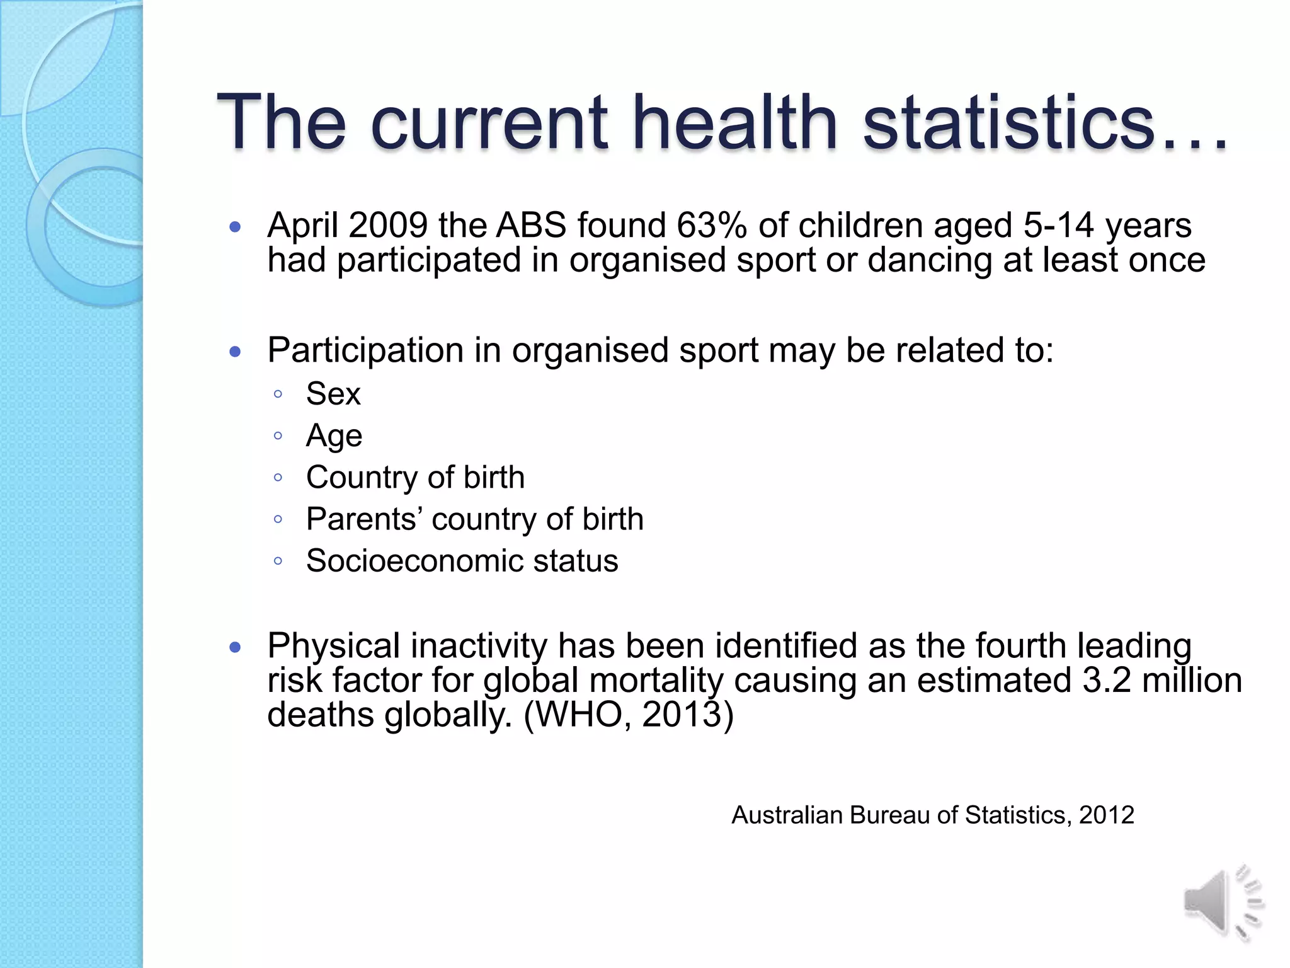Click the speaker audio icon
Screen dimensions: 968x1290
point(1222,903)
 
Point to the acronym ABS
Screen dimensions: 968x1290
point(531,225)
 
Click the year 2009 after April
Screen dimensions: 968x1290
point(388,225)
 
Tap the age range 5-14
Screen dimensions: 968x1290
point(1058,225)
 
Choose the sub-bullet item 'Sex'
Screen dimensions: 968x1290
point(333,395)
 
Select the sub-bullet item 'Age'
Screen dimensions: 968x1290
point(334,436)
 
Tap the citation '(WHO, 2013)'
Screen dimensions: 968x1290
point(629,715)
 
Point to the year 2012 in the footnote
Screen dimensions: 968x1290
point(1106,815)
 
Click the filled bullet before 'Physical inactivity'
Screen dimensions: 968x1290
point(236,647)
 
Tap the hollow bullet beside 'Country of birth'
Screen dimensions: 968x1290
point(278,477)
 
